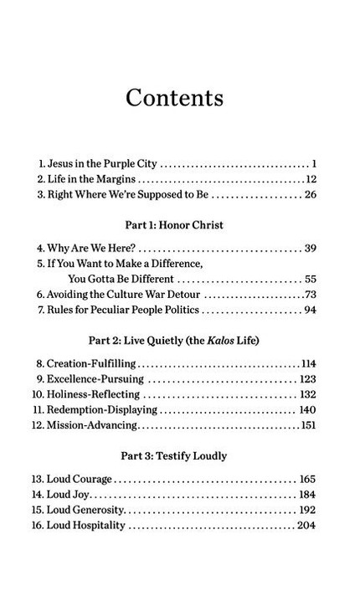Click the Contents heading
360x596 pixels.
[x=174, y=97]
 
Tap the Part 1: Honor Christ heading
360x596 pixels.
[x=179, y=225]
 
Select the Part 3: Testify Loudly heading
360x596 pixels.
[x=179, y=456]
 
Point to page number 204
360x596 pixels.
[x=305, y=526]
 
